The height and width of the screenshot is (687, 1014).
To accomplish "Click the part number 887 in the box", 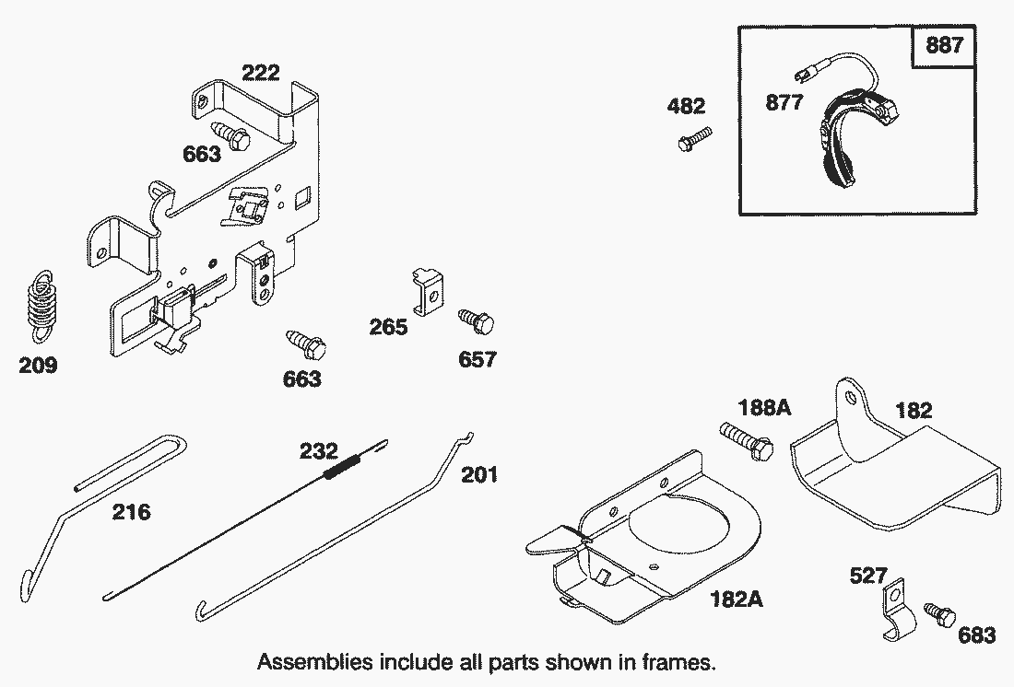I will (x=945, y=45).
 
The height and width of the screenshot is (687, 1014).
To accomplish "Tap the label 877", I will (x=784, y=102).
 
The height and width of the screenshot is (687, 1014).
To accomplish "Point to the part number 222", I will (x=260, y=74).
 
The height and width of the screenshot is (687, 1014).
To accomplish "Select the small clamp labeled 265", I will (x=427, y=290).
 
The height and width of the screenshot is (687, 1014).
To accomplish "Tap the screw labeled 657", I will (x=476, y=322).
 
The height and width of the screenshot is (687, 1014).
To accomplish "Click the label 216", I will (x=132, y=511).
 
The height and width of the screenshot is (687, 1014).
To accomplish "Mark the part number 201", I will (x=479, y=474).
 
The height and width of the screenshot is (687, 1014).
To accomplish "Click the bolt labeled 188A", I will (x=745, y=440).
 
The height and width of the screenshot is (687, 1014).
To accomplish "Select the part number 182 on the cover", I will (x=914, y=411).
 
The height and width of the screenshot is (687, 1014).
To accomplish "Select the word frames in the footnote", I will (x=681, y=662).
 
